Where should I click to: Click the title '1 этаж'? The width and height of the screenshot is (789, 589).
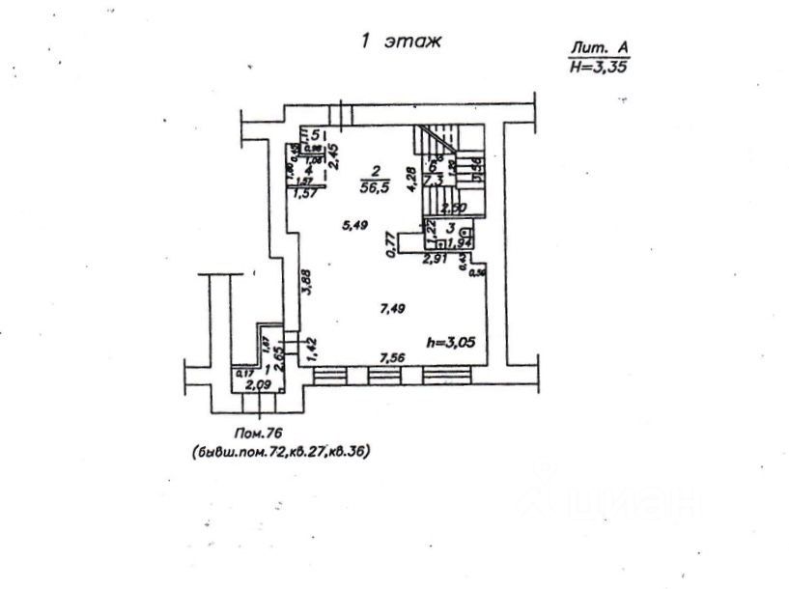coord(401,42)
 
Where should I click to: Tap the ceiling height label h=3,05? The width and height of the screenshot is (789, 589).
coord(451,341)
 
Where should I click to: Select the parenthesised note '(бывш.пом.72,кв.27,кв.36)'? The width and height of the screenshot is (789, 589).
coord(281,450)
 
